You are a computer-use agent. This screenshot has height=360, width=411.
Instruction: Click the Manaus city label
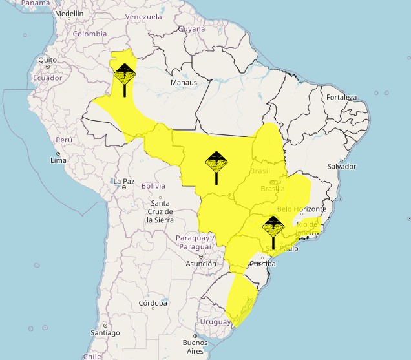(184, 83)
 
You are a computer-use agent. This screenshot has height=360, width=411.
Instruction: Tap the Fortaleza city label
(341, 98)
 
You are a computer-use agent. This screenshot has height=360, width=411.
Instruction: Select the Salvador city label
(342, 167)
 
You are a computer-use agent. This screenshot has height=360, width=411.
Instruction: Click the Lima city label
(58, 160)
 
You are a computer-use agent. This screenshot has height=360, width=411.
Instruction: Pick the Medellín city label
(70, 14)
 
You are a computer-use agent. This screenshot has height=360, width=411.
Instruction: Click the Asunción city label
(201, 264)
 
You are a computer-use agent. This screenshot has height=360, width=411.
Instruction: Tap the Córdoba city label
(153, 303)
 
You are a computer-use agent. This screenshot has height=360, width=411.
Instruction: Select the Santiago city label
(105, 333)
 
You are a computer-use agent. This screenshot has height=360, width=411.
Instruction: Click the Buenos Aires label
(195, 346)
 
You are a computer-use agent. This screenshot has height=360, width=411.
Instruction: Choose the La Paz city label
(123, 182)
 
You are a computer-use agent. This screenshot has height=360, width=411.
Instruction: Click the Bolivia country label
(153, 186)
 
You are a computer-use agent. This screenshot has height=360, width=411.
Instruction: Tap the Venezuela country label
(143, 16)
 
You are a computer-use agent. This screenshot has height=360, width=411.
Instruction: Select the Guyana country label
(191, 29)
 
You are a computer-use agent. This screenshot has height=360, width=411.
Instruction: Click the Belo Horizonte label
(301, 209)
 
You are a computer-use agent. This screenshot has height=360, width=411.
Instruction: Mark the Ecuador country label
(48, 78)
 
